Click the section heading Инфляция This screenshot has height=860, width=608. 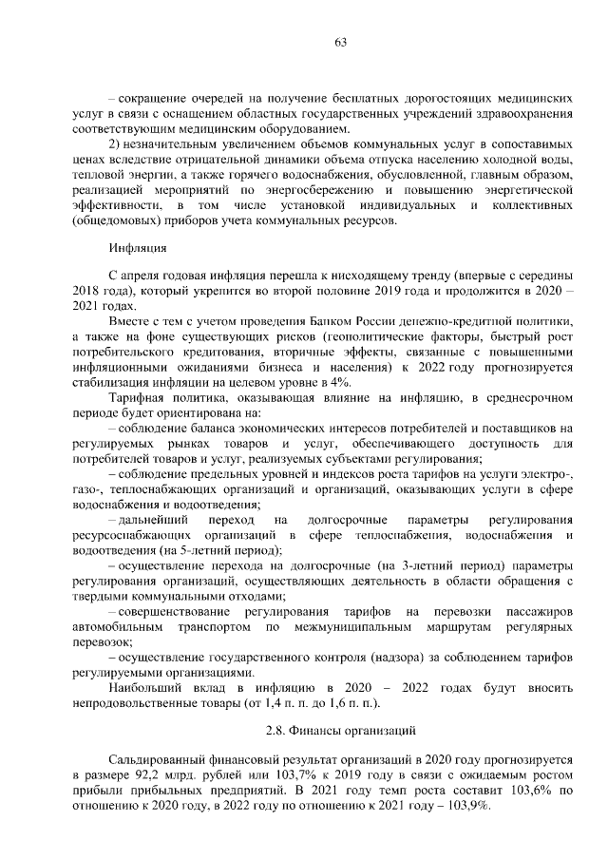(x=138, y=251)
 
